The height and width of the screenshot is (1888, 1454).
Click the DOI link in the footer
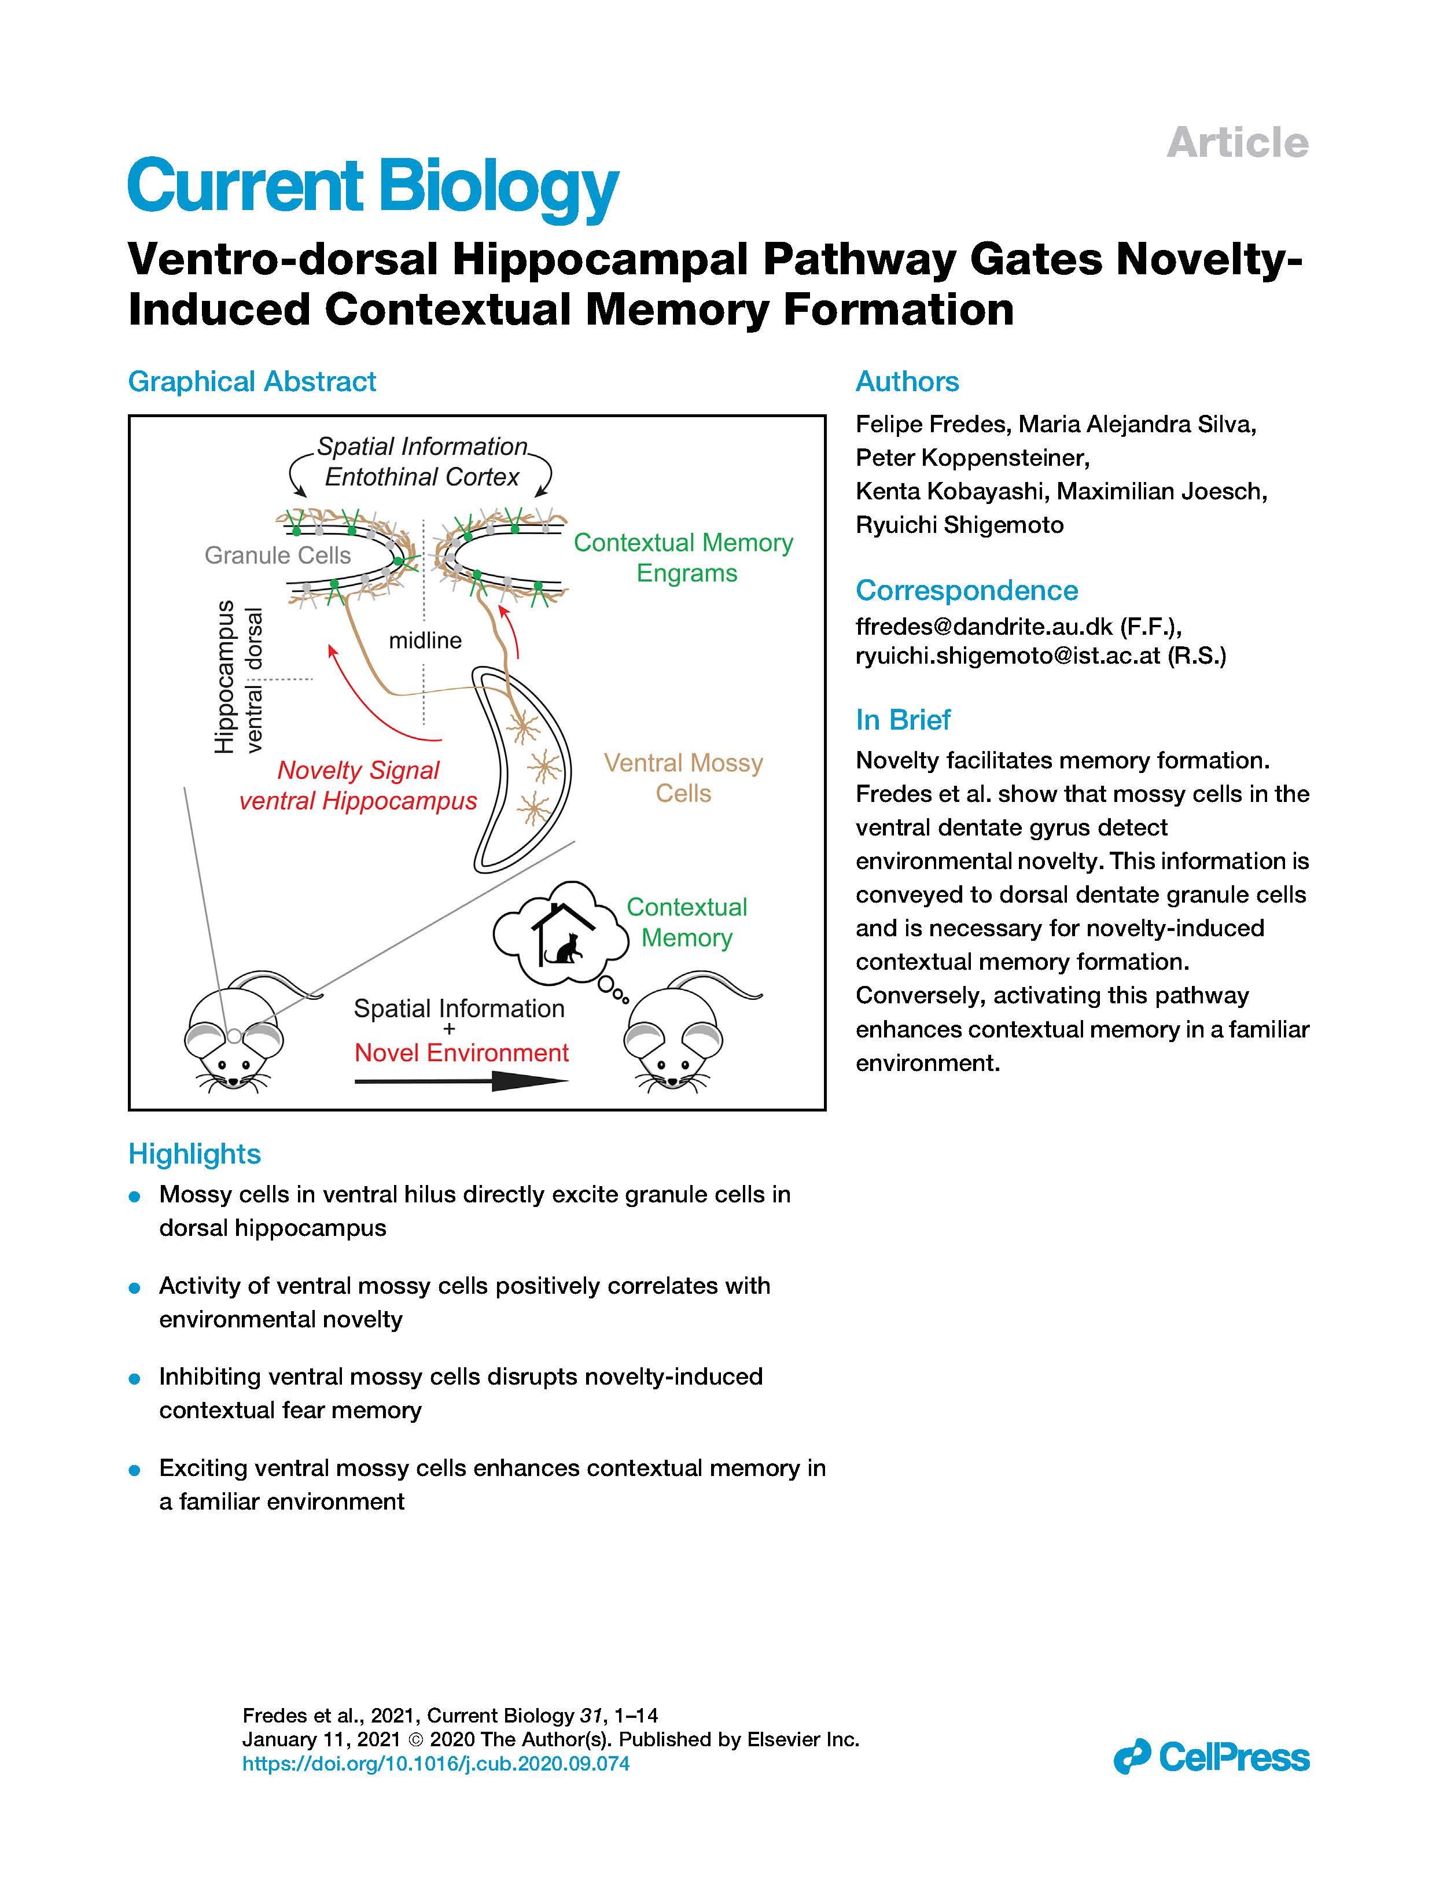[436, 1764]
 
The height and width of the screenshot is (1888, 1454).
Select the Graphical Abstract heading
[252, 381]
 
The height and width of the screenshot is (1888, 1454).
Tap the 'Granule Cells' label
[278, 555]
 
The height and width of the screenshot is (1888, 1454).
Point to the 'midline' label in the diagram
[425, 641]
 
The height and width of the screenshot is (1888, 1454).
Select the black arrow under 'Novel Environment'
[462, 1081]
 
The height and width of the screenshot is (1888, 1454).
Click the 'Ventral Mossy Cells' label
[683, 778]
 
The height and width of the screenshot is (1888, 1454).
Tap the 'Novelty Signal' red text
[358, 770]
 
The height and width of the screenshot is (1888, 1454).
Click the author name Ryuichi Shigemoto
[959, 525]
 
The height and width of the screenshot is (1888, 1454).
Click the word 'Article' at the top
[1238, 143]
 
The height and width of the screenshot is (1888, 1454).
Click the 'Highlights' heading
[194, 1154]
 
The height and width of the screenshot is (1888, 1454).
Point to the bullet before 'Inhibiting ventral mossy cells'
[134, 1379]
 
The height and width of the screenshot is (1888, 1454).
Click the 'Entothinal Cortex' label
[422, 477]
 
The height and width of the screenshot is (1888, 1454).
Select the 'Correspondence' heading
[966, 590]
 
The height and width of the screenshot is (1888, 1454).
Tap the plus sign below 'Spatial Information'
[448, 1029]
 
